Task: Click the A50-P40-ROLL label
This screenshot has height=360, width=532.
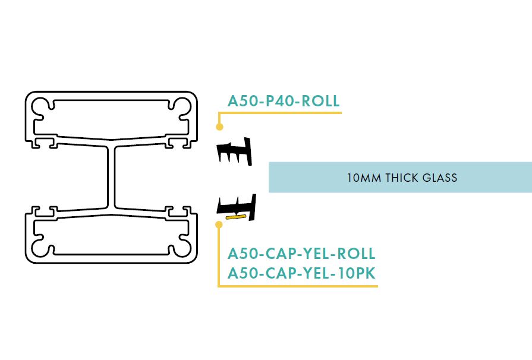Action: coord(284,101)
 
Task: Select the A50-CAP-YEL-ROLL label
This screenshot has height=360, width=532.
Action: coord(301,254)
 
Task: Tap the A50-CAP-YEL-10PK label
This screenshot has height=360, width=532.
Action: coord(301,273)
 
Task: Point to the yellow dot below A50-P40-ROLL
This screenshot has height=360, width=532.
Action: coord(219,127)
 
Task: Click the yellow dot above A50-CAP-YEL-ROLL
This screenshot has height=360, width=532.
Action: coord(219,225)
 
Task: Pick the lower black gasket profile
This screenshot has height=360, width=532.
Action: coord(237,207)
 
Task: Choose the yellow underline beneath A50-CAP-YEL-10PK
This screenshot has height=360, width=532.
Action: coord(297,287)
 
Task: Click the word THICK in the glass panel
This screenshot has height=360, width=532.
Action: coord(399,178)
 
